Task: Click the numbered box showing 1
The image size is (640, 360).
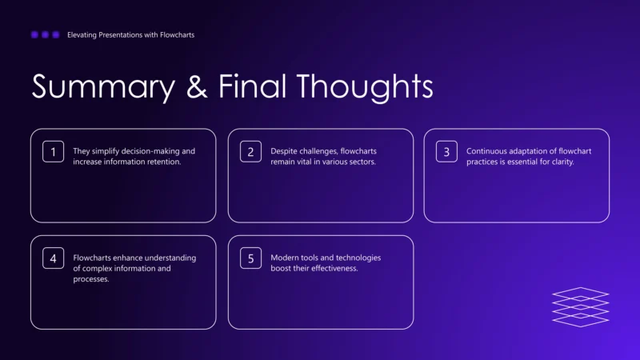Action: [x=53, y=151]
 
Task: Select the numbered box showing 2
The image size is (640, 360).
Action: [x=250, y=151]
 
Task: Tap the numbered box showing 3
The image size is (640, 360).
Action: [x=446, y=151]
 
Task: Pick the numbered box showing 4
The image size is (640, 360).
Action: [x=53, y=258]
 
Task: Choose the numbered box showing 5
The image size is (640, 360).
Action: [x=250, y=258]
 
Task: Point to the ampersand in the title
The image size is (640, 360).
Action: [x=197, y=86]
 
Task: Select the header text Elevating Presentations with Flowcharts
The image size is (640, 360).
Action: [x=130, y=35]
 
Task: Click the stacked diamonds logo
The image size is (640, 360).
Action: [x=580, y=307]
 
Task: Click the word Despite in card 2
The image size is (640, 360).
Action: [x=284, y=151]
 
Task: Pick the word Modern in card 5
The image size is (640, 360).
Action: [x=285, y=258]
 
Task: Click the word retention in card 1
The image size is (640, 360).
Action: [x=162, y=162]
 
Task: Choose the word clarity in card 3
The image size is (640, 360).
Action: [x=561, y=162]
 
